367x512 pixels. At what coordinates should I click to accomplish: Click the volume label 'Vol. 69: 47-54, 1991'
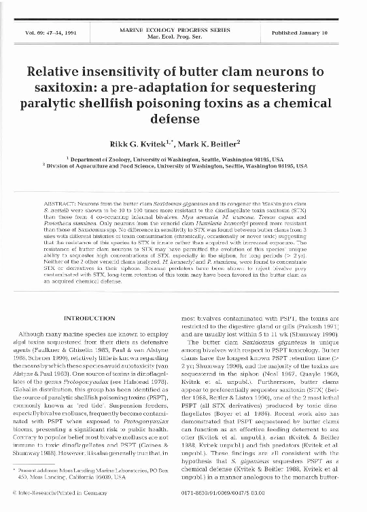click(47, 33)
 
